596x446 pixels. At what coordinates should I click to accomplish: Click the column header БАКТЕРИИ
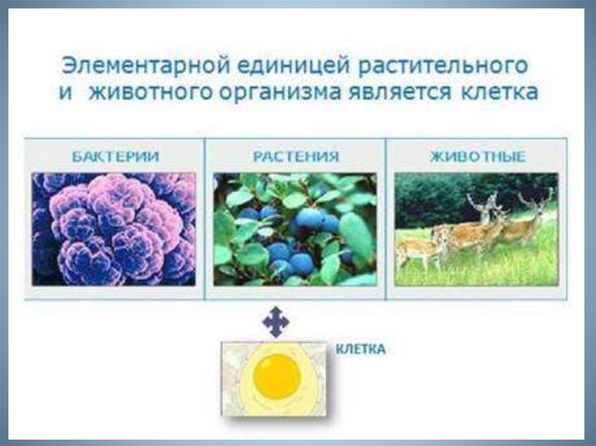115,156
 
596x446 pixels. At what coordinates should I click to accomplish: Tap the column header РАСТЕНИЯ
296,156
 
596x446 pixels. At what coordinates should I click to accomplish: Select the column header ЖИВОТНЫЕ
478,156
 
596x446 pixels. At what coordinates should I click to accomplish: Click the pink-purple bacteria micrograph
113,229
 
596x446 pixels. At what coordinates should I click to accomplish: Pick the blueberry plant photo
295,229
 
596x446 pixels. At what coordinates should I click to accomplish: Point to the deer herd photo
476,229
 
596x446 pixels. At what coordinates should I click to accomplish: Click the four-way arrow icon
276,322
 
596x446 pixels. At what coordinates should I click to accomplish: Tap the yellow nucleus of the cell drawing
277,374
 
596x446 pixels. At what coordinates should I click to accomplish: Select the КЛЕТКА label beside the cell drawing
361,349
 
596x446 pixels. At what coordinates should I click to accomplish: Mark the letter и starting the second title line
66,93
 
